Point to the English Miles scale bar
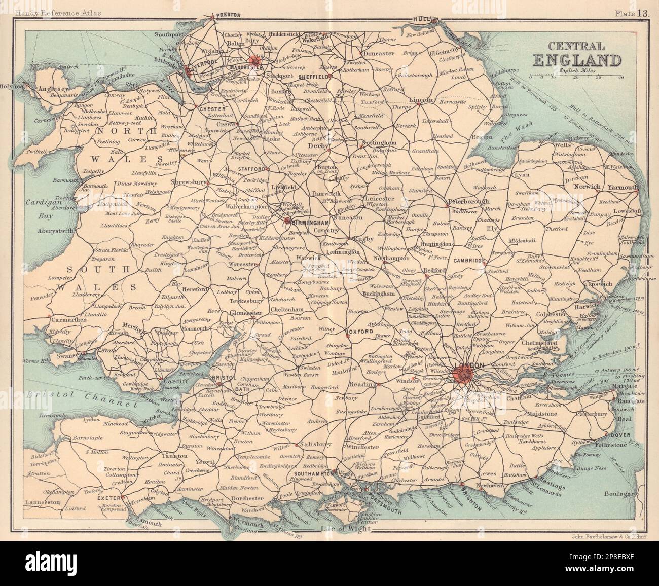pyautogui.click(x=576, y=75)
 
